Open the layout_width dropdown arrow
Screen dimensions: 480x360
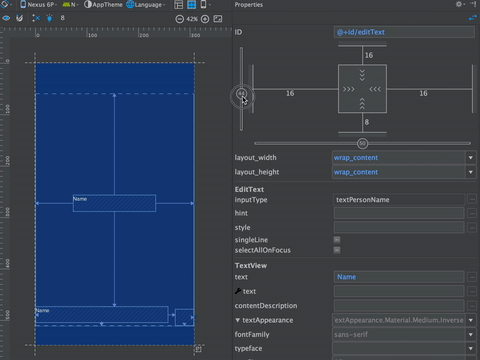(470, 157)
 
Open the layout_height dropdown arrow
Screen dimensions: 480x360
(470, 172)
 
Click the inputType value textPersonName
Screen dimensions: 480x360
(398, 200)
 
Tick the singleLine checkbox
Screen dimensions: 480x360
(337, 240)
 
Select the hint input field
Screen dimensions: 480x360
(398, 214)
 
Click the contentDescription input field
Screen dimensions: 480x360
(398, 305)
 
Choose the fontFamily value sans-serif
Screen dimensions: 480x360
(398, 334)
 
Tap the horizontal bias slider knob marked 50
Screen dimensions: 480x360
(362, 143)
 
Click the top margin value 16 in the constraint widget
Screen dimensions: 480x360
(368, 56)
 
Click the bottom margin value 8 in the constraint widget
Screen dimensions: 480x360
(368, 122)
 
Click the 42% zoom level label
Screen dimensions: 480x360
(191, 19)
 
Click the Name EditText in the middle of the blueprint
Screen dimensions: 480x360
(114, 203)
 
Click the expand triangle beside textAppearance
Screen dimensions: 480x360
(238, 320)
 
